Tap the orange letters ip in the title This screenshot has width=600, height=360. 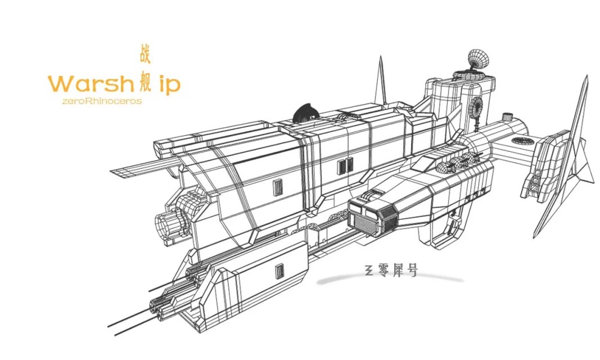168,84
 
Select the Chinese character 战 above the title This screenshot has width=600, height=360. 145,55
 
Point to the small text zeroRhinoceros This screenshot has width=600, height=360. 94,101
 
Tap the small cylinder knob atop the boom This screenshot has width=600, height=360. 507,117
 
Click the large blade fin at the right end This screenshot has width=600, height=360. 568,157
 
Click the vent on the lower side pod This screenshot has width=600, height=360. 278,273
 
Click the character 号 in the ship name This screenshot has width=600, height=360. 413,271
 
